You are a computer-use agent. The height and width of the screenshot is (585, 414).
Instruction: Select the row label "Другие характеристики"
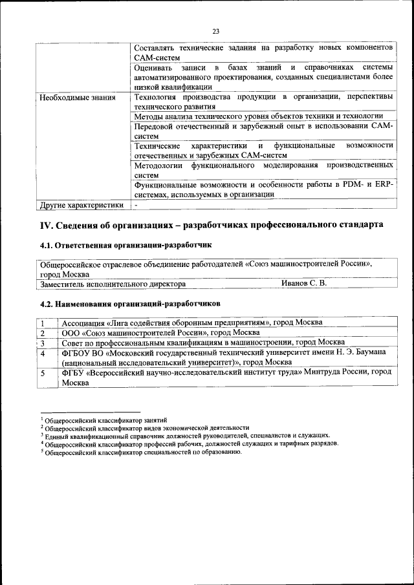82,206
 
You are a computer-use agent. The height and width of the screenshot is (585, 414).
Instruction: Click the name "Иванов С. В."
304,284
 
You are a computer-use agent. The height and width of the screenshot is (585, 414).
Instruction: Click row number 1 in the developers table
43,323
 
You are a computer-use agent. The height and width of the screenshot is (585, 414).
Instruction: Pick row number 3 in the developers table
43,343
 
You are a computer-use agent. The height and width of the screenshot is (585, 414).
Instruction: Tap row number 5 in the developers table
43,373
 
